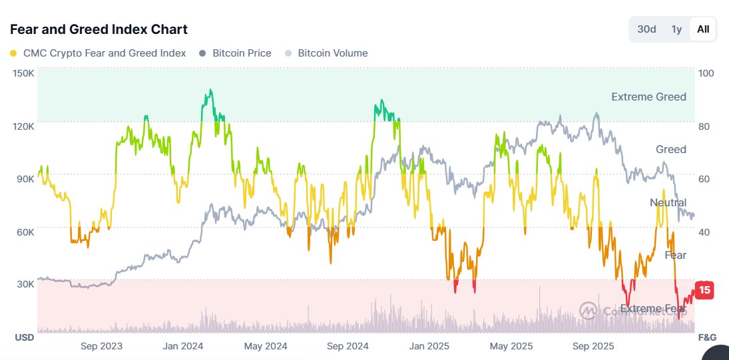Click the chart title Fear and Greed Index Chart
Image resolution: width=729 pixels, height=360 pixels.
point(99,29)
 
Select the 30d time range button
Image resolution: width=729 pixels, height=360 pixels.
point(646,29)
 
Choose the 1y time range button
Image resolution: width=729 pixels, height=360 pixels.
point(676,29)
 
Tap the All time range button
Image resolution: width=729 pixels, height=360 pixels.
point(703,29)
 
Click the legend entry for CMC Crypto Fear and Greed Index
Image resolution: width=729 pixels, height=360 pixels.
point(98,53)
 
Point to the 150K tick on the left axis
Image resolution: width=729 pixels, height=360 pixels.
point(23,73)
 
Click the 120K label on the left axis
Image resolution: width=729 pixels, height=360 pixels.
point(23,126)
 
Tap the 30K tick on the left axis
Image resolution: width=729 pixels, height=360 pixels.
point(25,284)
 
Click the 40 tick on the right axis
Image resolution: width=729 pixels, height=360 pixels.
point(704,232)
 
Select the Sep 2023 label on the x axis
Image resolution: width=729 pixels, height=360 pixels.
point(101,346)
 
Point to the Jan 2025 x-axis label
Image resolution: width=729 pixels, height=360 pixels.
point(429,346)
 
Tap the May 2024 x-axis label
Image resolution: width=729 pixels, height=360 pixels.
point(265,346)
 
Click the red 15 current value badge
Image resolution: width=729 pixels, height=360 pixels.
point(704,290)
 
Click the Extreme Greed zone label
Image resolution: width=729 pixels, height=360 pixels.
point(648,97)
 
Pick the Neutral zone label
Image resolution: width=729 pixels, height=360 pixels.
point(668,202)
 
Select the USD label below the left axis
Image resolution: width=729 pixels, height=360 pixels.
point(25,337)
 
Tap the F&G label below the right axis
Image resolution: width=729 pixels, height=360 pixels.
point(707,337)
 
